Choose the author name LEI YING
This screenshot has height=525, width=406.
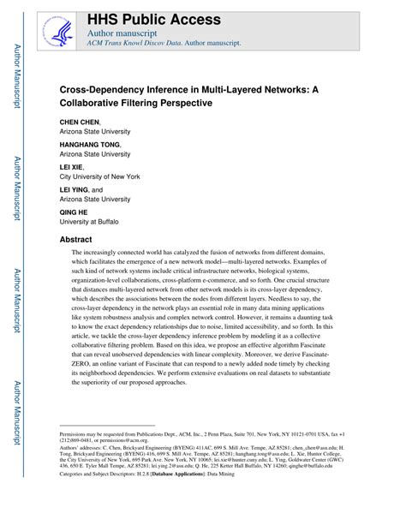[75, 189]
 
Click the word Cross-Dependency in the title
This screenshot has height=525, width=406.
[108, 88]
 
